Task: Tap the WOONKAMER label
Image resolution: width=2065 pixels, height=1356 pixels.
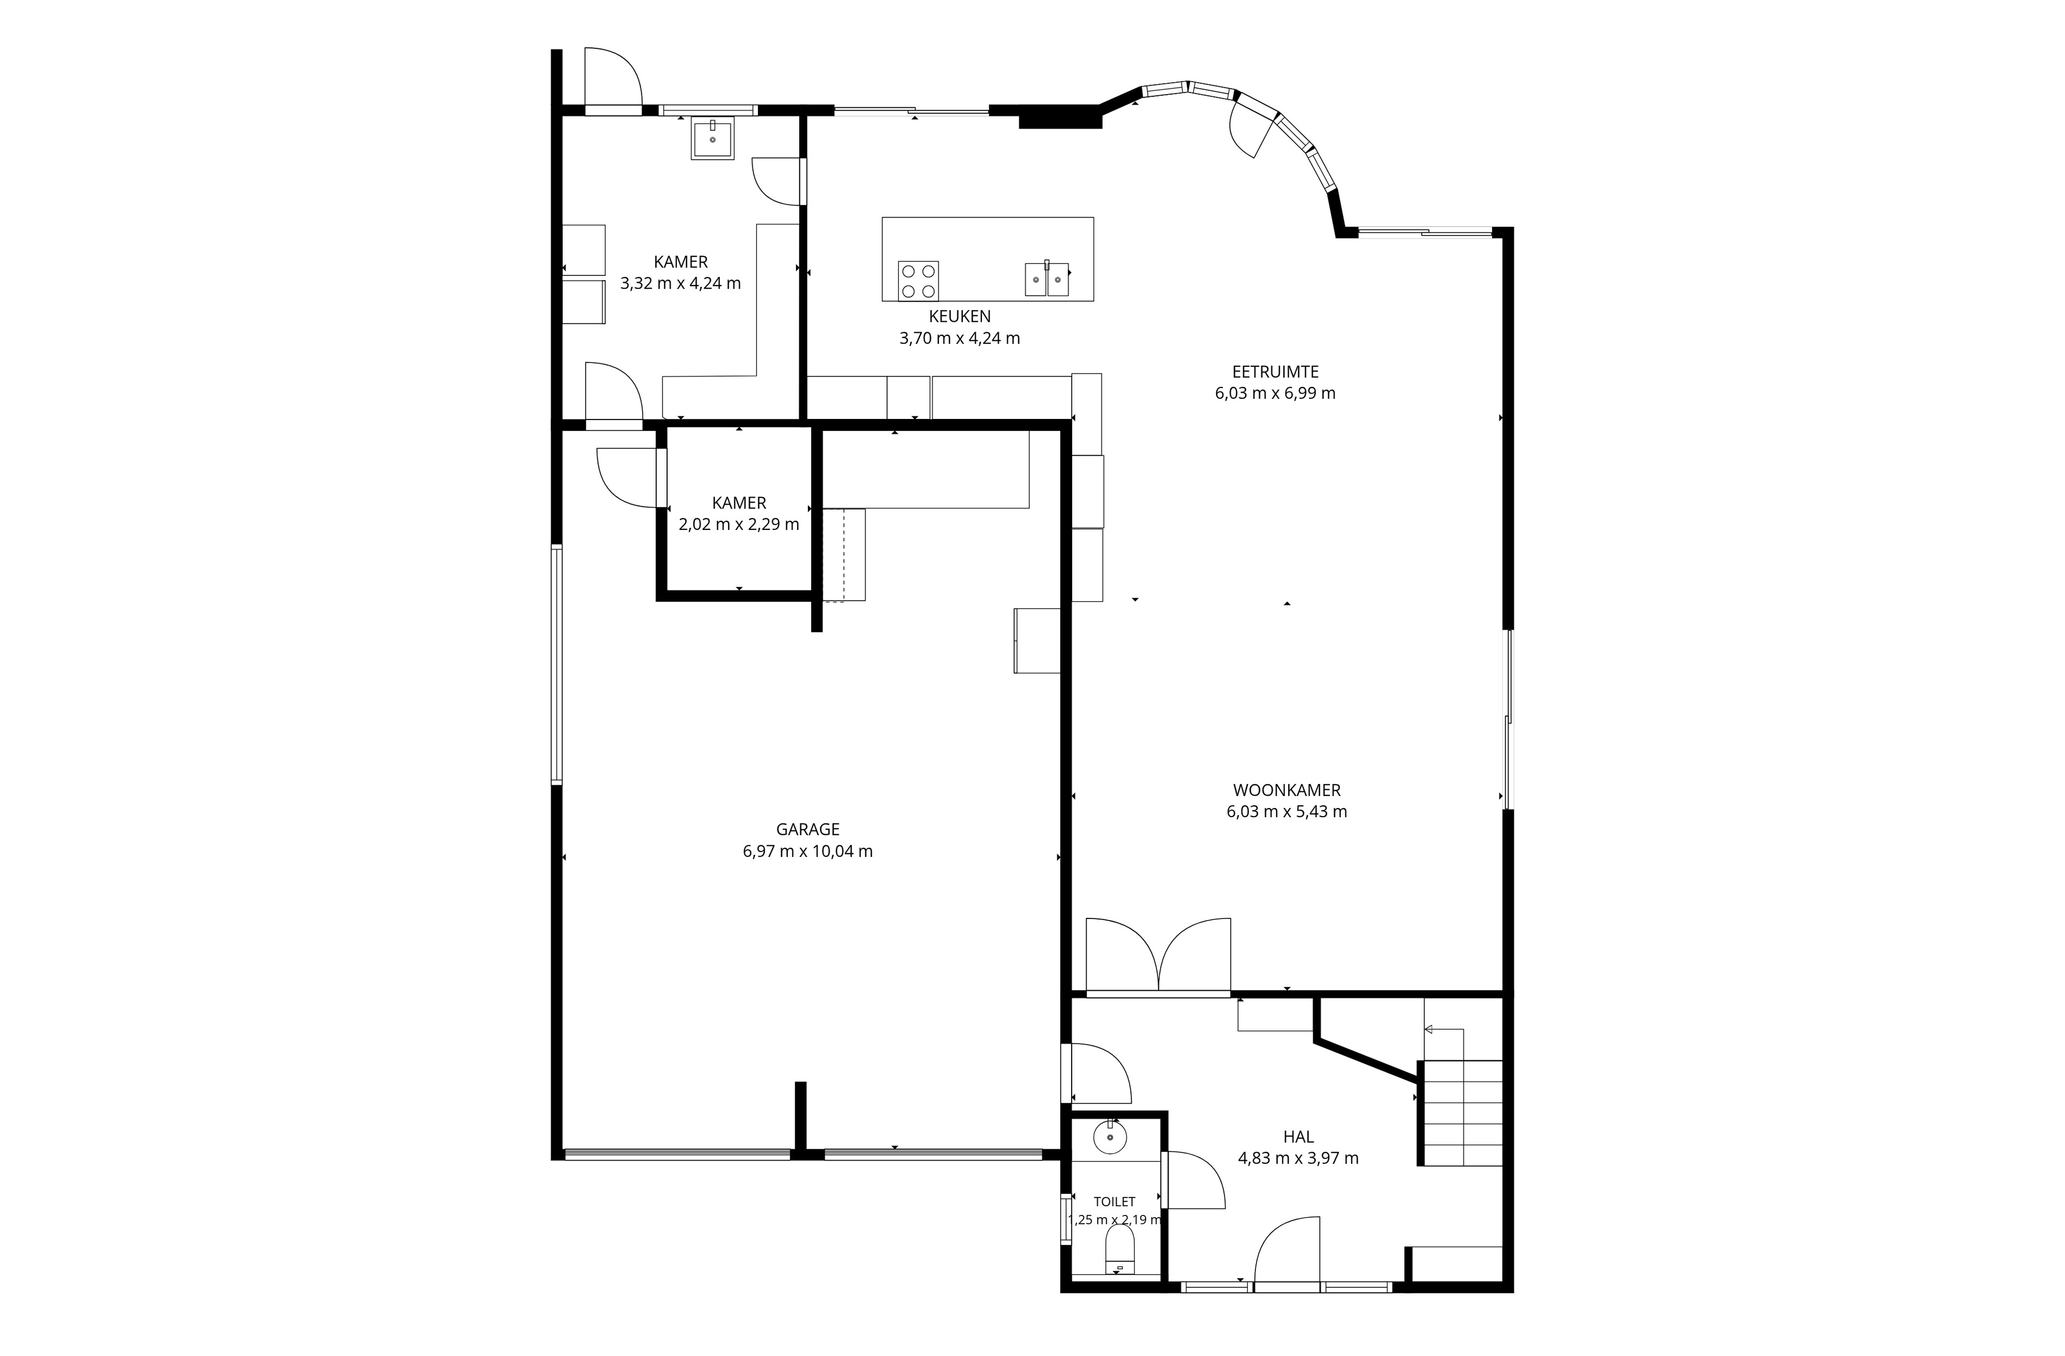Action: click(x=1286, y=790)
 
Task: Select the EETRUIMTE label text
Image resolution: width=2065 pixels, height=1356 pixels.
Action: click(x=1276, y=371)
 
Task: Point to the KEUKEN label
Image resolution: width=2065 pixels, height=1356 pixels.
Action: click(x=960, y=317)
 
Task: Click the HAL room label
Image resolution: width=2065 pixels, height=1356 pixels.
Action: click(x=1298, y=1136)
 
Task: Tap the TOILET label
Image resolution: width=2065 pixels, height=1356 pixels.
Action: click(x=1114, y=1202)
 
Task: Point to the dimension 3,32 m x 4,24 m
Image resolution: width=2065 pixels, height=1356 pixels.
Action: click(x=680, y=283)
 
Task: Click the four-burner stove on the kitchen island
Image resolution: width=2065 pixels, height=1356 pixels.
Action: click(x=918, y=281)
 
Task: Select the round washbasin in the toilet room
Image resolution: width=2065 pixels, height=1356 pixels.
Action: click(x=1110, y=1136)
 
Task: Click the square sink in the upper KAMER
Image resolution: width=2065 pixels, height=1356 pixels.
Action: click(x=712, y=138)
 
